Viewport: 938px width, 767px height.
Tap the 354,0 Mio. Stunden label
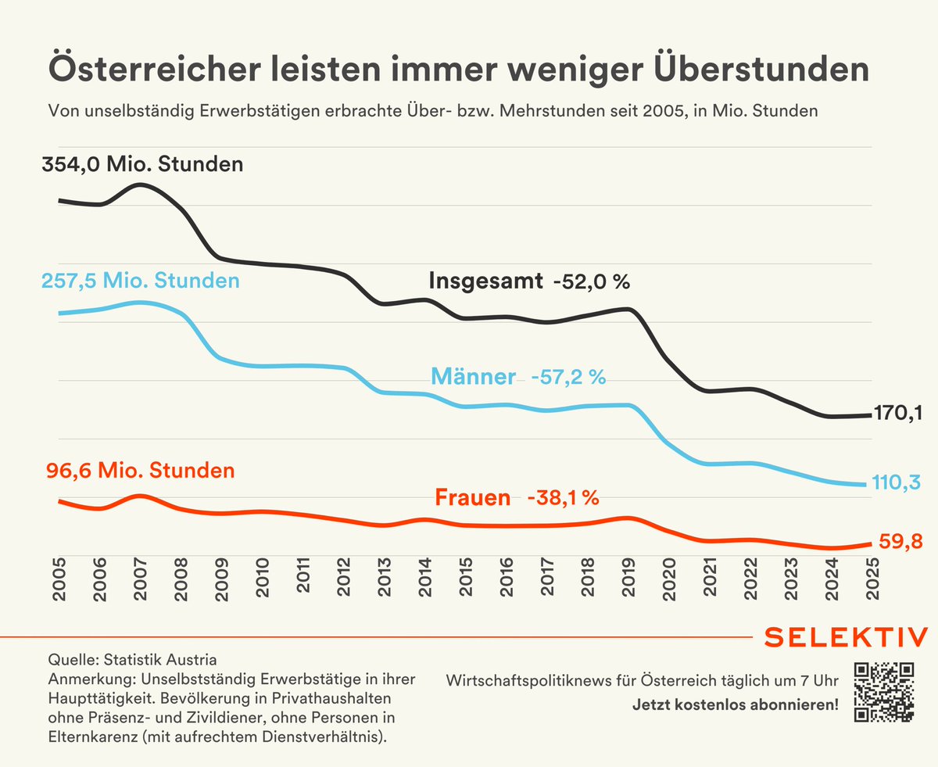pos(142,165)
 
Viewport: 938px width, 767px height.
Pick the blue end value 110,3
pos(896,484)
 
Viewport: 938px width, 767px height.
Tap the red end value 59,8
pos(897,542)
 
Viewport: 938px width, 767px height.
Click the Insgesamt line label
pos(485,281)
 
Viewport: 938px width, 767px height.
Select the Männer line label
pos(474,378)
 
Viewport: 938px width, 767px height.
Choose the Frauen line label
pos(472,498)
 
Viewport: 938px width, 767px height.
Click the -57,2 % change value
pos(568,378)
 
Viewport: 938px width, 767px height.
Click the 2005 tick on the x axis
pos(59,579)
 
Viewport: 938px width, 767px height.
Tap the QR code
pos(884,691)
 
